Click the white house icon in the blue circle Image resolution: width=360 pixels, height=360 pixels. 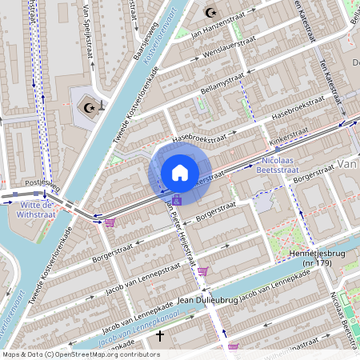coord(180,172)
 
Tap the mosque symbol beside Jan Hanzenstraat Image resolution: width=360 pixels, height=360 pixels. coord(211,13)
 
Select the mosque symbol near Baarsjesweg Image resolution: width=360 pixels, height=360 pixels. coord(89,106)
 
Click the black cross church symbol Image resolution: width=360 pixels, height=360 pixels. coord(160,336)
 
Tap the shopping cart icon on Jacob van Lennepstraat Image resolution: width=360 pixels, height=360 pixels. coord(202,271)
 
